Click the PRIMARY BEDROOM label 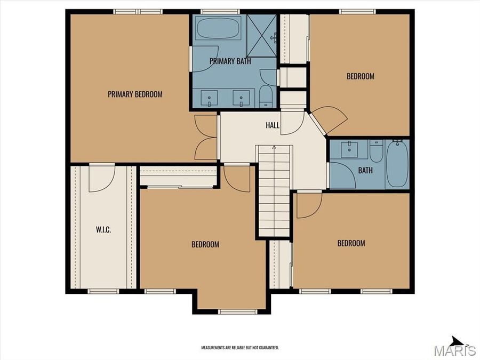point(135,94)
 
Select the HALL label point(273,125)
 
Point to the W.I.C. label point(103,230)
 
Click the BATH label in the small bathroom point(365,171)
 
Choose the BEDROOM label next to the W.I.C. point(205,244)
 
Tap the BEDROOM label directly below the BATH point(351,243)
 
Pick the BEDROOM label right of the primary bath point(361,76)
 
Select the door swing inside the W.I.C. point(101,179)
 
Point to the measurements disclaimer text point(239,347)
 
